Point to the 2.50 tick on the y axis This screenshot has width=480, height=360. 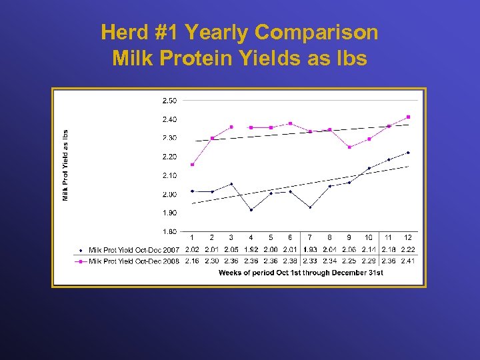click(169, 101)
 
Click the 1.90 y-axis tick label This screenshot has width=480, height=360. click(169, 213)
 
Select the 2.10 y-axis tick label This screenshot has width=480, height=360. click(169, 175)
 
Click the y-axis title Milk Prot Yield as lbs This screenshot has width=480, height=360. click(66, 165)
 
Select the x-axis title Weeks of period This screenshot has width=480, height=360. click(301, 273)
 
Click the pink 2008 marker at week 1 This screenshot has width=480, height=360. click(192, 165)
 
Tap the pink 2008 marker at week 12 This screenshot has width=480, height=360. click(408, 117)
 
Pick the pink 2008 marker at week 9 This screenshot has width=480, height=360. click(349, 147)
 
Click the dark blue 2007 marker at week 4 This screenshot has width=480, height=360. click(251, 210)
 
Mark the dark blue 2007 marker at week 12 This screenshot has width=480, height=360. click(408, 153)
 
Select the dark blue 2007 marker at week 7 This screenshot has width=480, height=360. click(310, 207)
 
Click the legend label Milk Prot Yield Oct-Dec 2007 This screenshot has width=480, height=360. click(133, 250)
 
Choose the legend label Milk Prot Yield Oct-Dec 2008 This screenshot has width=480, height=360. click(133, 261)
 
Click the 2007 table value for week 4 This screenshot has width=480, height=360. click(251, 250)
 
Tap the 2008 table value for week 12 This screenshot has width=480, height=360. click(408, 261)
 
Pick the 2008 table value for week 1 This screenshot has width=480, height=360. click(192, 261)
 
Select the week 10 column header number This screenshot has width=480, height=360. click(369, 237)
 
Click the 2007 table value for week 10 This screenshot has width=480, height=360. click(369, 250)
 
